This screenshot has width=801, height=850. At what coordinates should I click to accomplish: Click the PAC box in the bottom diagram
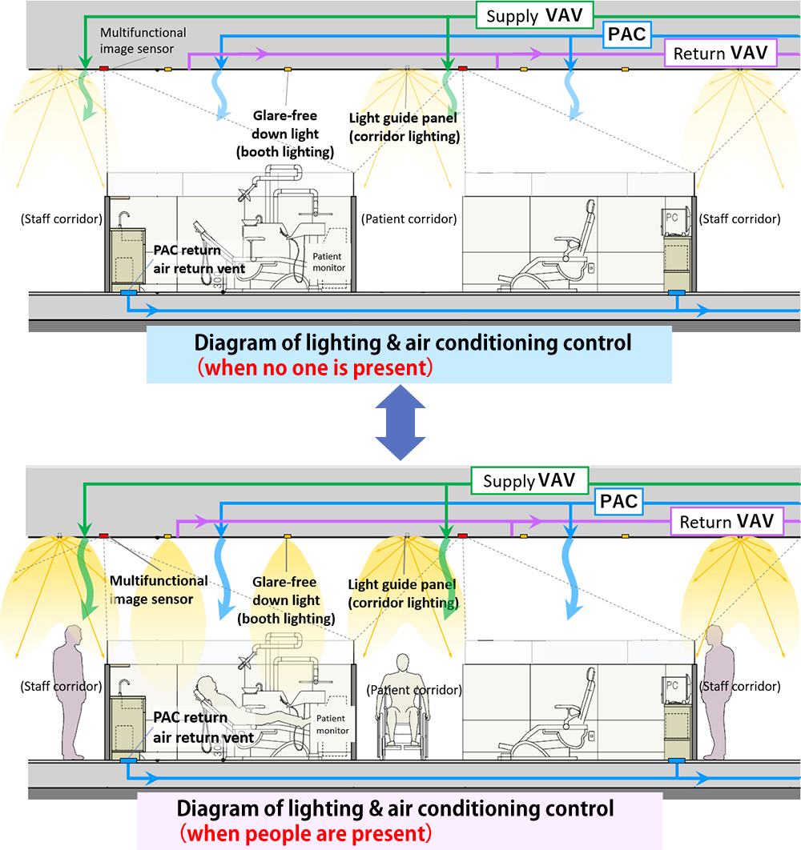pos(619,502)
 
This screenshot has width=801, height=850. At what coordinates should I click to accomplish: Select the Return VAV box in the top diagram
pos(721,54)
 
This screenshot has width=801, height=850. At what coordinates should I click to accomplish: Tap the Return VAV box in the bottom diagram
pos(727,522)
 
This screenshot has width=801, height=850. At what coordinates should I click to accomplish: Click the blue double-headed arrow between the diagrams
pos(398,431)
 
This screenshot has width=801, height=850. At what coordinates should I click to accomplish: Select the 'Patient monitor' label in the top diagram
pos(328,262)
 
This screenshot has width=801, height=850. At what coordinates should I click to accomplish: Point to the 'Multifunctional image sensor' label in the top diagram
pos(143,41)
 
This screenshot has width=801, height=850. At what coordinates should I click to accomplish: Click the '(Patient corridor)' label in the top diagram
pos(409,219)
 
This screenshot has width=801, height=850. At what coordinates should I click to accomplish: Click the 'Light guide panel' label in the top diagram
pos(403,126)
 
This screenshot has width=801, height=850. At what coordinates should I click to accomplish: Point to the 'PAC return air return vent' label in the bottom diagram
pos(203,728)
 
